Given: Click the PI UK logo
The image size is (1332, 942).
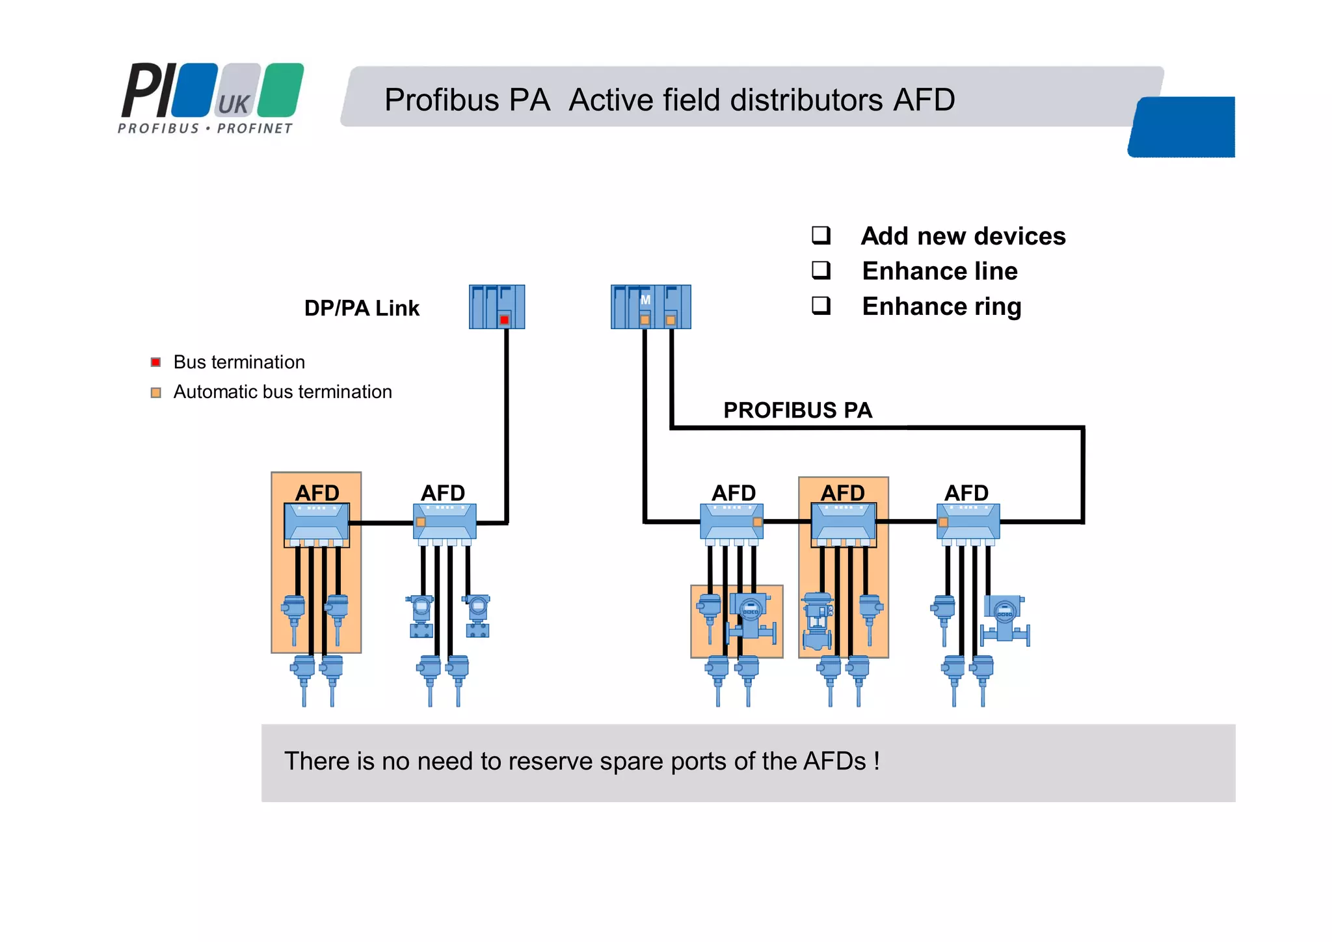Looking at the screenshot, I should point(211,98).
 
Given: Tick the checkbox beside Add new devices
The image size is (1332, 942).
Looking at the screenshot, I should point(821,235).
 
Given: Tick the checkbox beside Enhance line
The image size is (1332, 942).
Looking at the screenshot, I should point(821,270).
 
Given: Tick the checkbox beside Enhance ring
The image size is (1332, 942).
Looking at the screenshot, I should point(821,305).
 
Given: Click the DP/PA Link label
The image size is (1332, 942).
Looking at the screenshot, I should point(362,308).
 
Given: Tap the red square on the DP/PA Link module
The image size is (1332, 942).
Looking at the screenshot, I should point(504,319).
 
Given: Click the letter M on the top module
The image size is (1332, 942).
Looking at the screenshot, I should point(645,300).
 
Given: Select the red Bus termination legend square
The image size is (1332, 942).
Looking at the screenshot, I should point(155,362).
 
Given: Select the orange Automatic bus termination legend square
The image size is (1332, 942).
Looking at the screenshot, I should point(155,392).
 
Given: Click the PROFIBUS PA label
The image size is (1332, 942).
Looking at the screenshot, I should point(797,410).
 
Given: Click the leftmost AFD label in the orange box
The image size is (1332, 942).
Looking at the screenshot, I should point(317,492).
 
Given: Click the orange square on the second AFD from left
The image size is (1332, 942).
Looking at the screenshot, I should point(421,522).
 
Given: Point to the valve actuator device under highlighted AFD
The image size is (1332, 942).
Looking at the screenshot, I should point(818,621).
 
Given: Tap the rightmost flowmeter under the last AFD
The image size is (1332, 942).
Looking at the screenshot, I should point(1005,618).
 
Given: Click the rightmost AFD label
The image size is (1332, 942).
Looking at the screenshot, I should point(966,492).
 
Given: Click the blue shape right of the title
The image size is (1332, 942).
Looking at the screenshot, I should point(1182,127).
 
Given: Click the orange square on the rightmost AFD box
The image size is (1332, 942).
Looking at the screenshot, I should point(943,522).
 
